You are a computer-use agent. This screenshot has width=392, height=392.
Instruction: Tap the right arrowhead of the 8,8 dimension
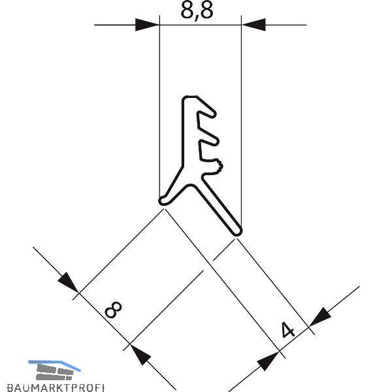coord(253,25)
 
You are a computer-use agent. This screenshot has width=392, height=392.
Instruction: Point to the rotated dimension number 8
coord(114,309)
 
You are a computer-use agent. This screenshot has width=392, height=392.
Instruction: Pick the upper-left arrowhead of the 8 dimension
coord(68,282)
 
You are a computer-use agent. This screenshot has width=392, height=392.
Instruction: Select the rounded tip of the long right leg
coord(236,229)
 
